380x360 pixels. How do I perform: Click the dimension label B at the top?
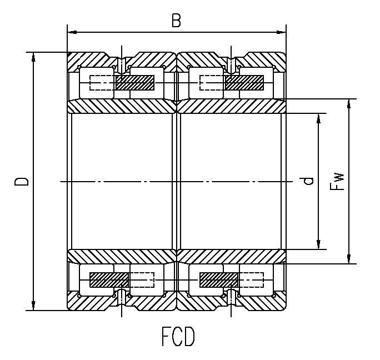[176, 21]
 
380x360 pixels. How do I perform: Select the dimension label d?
[309, 181]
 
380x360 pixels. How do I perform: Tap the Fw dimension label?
[337, 181]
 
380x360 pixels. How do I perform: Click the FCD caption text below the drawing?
[178, 337]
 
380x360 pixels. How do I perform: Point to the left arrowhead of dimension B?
[70, 33]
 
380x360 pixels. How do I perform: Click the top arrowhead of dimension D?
[34, 56]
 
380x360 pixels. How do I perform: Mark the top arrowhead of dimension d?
[318, 117]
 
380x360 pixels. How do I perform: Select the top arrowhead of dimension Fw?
[349, 103]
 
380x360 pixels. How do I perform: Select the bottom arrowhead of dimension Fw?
[349, 259]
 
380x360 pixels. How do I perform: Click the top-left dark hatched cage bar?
[135, 83]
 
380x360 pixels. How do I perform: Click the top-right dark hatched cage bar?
[244, 83]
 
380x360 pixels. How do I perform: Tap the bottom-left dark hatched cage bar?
[109, 279]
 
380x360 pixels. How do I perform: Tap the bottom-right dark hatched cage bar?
[218, 279]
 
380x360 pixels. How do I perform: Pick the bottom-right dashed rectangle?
[251, 279]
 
